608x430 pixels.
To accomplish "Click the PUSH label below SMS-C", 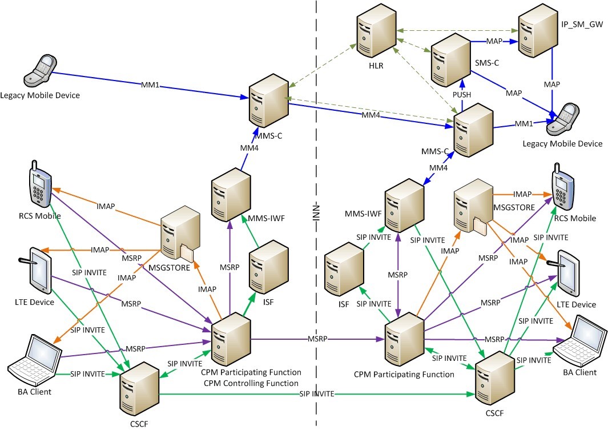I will (x=462, y=94).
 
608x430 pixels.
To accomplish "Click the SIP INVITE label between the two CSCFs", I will (x=316, y=395).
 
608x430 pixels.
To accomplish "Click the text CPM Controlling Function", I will (x=251, y=383).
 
